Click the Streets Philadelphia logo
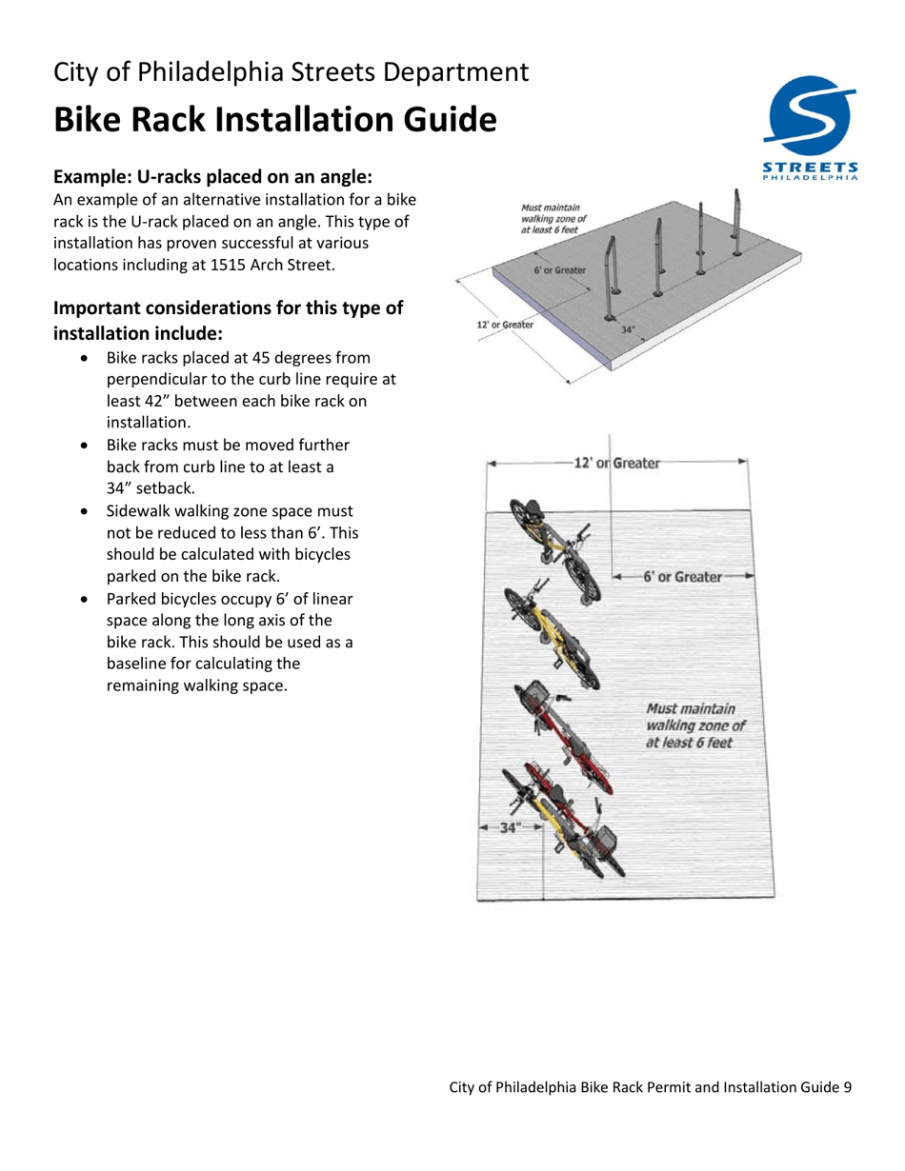click(x=810, y=129)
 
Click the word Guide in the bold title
click(x=440, y=120)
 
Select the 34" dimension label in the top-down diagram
click(x=512, y=827)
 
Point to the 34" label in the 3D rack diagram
click(x=628, y=329)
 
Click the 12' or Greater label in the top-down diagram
click(x=614, y=463)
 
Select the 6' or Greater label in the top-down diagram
click(x=682, y=576)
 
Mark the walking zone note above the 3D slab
click(x=554, y=218)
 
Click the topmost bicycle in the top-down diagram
click(x=554, y=550)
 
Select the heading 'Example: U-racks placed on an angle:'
click(x=211, y=177)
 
